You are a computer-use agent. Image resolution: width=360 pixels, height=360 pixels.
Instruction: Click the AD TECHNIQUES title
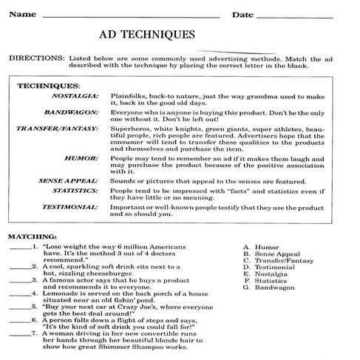[147, 34]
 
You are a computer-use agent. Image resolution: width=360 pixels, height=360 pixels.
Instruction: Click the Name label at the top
[21, 14]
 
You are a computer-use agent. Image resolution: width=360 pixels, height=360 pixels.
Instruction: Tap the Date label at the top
[242, 15]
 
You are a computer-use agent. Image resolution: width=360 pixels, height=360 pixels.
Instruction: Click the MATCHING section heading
[30, 236]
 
